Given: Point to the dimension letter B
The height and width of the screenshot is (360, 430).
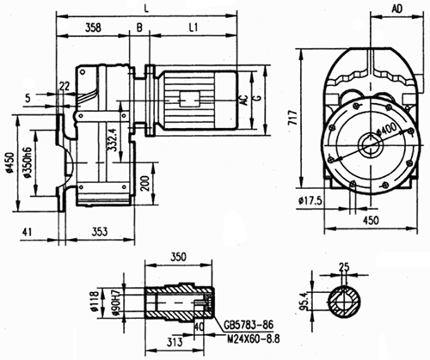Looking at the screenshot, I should tap(140, 28).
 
